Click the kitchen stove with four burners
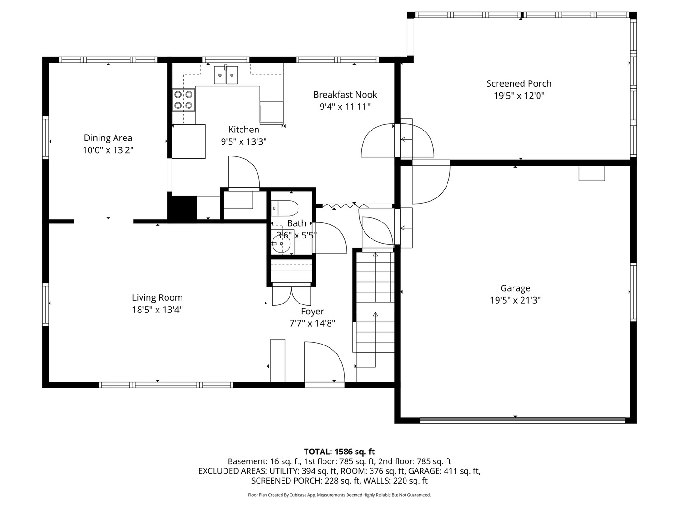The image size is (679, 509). pyautogui.click(x=184, y=100)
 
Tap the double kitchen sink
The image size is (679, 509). pyautogui.click(x=226, y=75)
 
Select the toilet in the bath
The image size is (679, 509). pyautogui.click(x=285, y=208)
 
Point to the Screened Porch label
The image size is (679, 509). pyautogui.click(x=519, y=83)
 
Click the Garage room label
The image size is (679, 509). pyautogui.click(x=515, y=288)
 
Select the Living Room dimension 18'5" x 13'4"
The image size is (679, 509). pyautogui.click(x=157, y=310)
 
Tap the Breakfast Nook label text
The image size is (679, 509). pyautogui.click(x=345, y=95)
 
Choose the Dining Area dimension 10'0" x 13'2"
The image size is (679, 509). pyautogui.click(x=108, y=150)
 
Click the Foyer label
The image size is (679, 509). pyautogui.click(x=313, y=311)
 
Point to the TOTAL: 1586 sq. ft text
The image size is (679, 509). pyautogui.click(x=339, y=452)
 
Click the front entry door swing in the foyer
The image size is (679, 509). pyautogui.click(x=324, y=362)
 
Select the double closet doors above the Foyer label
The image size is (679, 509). pyautogui.click(x=291, y=295)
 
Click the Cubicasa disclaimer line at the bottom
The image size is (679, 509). pyautogui.click(x=339, y=495)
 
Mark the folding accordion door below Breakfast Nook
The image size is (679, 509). pyautogui.click(x=345, y=205)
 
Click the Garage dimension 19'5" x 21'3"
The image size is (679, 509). pyautogui.click(x=515, y=300)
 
